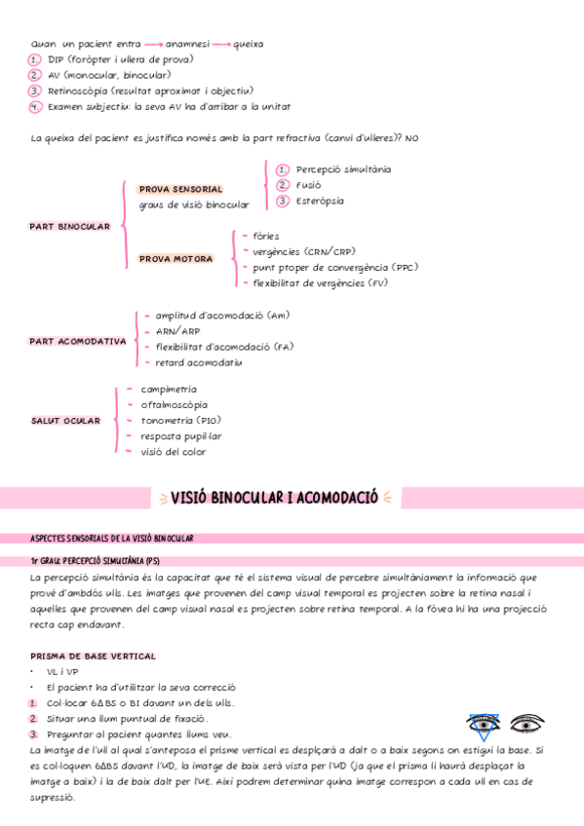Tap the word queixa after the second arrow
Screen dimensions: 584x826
click(x=249, y=44)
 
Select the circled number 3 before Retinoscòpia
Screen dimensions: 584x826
click(x=35, y=91)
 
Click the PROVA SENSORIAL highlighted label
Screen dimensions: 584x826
click(x=180, y=189)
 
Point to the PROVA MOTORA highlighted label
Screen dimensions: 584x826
click(x=176, y=259)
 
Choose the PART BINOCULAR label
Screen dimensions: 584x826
click(x=70, y=226)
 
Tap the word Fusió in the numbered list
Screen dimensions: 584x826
click(x=309, y=185)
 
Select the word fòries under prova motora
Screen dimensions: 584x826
click(x=265, y=236)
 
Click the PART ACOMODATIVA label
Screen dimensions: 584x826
click(x=78, y=342)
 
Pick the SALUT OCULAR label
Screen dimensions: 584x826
click(x=65, y=421)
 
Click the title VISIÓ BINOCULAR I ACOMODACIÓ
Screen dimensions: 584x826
click(x=274, y=499)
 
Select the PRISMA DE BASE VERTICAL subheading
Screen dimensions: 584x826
click(x=93, y=657)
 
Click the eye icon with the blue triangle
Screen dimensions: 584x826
click(x=484, y=725)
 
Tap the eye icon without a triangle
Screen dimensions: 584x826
click(x=527, y=725)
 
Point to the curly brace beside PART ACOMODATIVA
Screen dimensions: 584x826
click(x=134, y=339)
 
